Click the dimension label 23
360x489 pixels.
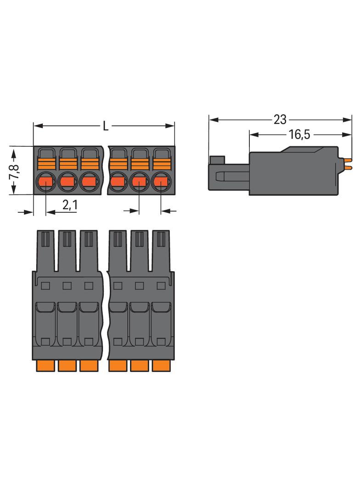click(280, 119)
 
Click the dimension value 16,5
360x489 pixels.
click(299, 135)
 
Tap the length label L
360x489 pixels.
click(106, 126)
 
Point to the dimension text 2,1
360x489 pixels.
click(70, 205)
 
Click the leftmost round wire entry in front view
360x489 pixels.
click(46, 182)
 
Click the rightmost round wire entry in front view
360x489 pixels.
click(161, 182)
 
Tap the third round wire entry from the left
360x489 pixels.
click(89, 182)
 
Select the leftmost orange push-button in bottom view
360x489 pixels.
click(45, 366)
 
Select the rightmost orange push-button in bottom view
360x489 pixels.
click(161, 366)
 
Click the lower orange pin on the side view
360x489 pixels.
click(348, 168)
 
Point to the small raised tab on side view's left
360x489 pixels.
click(217, 160)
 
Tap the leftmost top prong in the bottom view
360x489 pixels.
click(45, 251)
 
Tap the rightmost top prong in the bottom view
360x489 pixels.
click(161, 251)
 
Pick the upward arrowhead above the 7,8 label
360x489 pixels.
click(14, 154)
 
